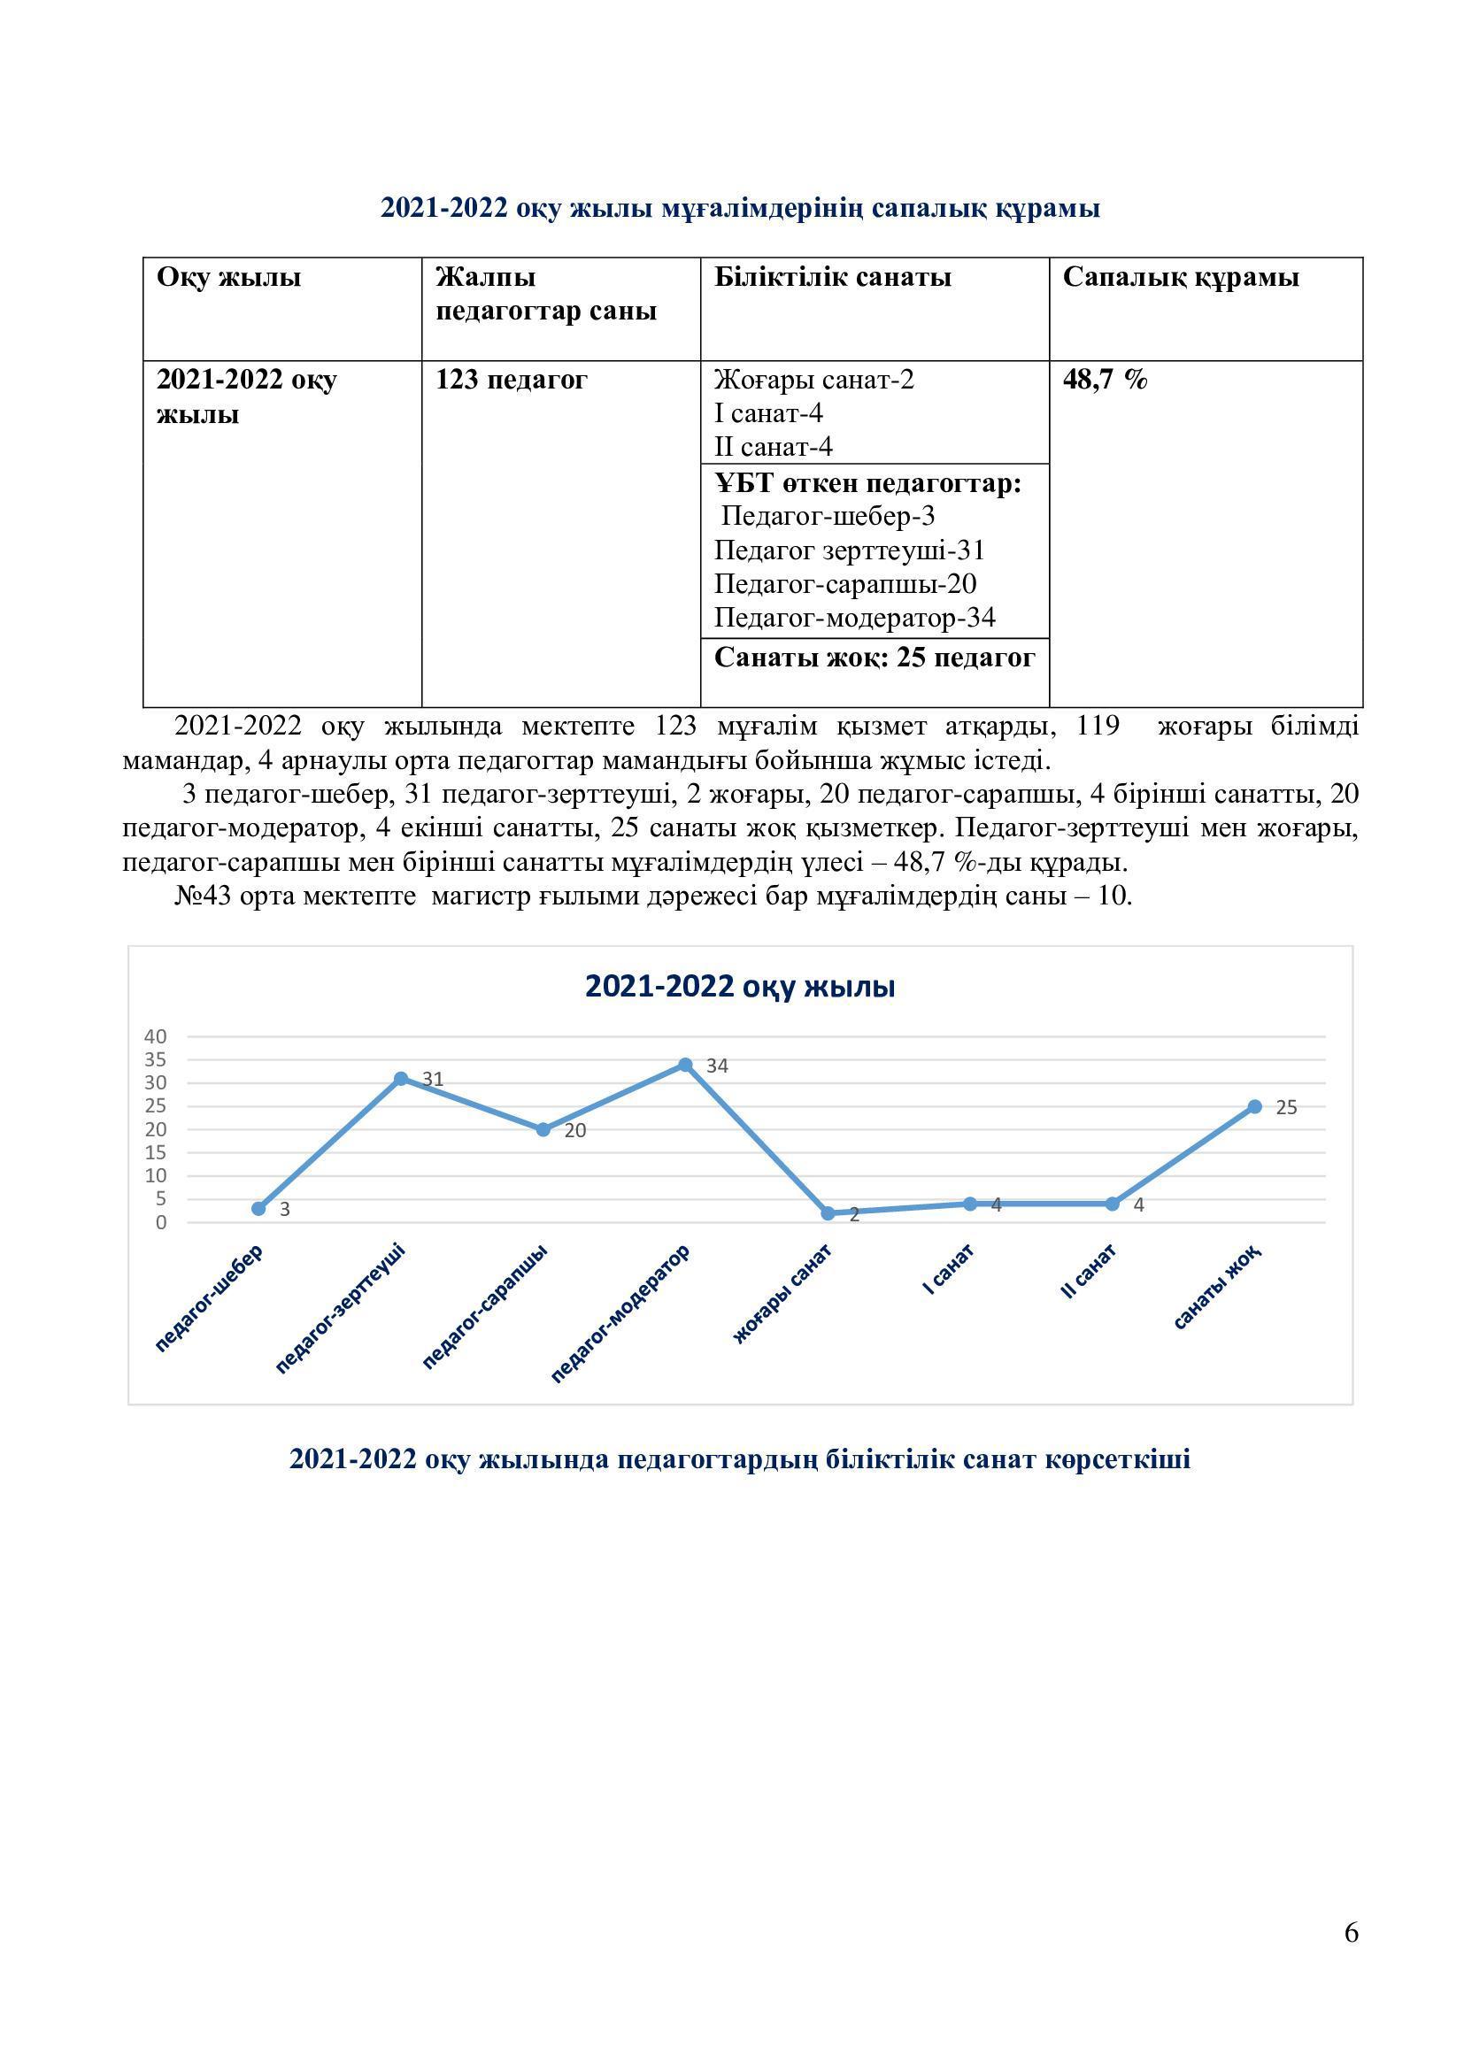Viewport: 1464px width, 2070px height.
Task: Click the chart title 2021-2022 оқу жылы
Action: [739, 986]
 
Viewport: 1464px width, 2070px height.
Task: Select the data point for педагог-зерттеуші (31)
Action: [401, 1078]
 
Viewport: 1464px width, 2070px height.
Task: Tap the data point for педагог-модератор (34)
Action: [685, 1065]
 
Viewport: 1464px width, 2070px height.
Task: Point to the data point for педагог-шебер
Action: [258, 1208]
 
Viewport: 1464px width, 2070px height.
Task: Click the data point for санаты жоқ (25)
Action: [1254, 1106]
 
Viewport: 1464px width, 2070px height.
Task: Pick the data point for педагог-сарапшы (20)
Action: [543, 1129]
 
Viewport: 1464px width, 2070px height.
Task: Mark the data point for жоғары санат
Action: [828, 1213]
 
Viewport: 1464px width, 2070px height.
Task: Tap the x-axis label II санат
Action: [1090, 1271]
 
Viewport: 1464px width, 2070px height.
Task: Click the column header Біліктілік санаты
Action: [832, 277]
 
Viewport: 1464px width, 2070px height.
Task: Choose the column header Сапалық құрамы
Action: [1180, 277]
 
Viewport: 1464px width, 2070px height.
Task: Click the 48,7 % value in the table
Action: [1106, 380]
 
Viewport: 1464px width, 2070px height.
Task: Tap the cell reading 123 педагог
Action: [511, 380]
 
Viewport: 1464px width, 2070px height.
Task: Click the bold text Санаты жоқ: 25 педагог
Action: [875, 658]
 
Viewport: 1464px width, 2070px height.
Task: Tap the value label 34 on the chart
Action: [718, 1066]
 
